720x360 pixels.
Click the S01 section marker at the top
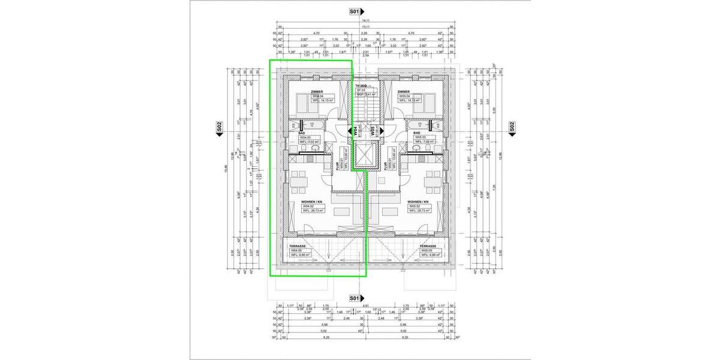pyautogui.click(x=354, y=11)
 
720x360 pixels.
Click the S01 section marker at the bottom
pyautogui.click(x=354, y=298)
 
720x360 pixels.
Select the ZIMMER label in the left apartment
pyautogui.click(x=317, y=92)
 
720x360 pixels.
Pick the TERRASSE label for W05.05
pyautogui.click(x=428, y=246)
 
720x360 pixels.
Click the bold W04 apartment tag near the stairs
pyautogui.click(x=355, y=130)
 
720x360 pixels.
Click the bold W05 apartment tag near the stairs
pyautogui.click(x=373, y=131)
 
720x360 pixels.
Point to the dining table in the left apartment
pyautogui.click(x=298, y=179)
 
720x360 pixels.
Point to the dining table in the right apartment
pyautogui.click(x=432, y=179)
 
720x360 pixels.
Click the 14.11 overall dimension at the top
pyautogui.click(x=364, y=20)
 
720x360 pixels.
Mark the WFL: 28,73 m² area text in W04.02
pyautogui.click(x=313, y=211)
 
